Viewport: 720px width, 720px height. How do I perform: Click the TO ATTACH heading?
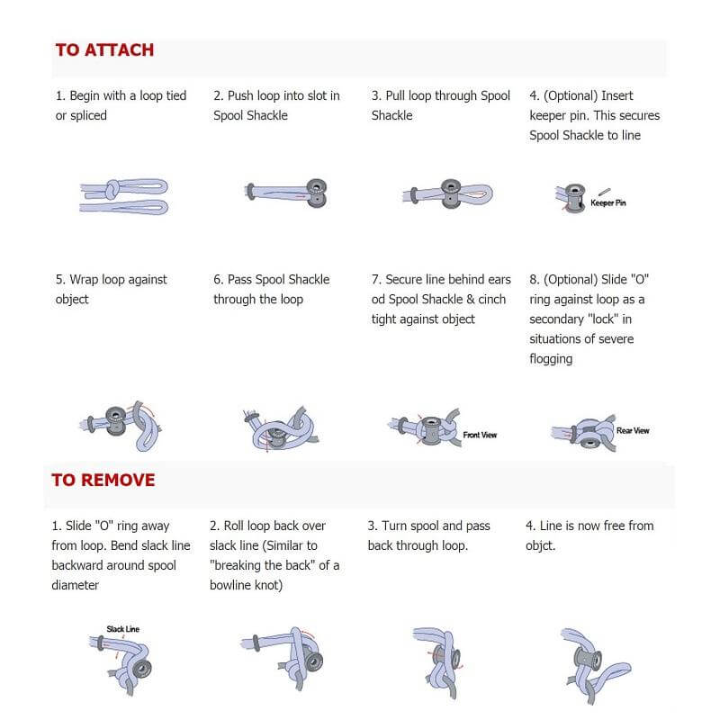coord(104,50)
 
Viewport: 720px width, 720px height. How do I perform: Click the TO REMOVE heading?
coord(103,480)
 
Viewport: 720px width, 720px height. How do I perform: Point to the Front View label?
coord(480,435)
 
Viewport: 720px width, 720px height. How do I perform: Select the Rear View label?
coord(633,431)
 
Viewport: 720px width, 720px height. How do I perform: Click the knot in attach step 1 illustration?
coord(112,192)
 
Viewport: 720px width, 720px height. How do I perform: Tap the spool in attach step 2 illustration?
coord(315,191)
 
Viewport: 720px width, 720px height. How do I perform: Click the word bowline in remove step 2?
coord(239,585)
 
